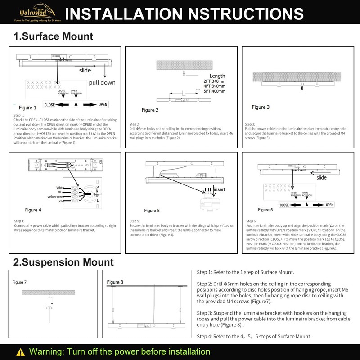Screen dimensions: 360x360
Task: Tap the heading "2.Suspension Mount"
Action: [x=63, y=261]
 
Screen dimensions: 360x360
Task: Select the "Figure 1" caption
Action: [x=27, y=108]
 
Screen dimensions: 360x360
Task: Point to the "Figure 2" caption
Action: [x=150, y=110]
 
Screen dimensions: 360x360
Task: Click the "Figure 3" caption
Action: [x=261, y=107]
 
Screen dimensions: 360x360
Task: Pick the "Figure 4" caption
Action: [x=33, y=210]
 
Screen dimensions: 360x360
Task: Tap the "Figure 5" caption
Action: [x=152, y=211]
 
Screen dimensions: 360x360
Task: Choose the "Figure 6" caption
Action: [x=265, y=210]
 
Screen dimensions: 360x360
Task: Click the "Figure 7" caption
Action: [x=19, y=282]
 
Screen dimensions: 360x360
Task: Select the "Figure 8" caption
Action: [x=115, y=282]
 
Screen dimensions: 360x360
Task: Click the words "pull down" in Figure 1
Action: [x=102, y=82]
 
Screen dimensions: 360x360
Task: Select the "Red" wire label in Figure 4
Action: [x=62, y=201]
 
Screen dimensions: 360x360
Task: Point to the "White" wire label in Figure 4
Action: [x=60, y=188]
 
